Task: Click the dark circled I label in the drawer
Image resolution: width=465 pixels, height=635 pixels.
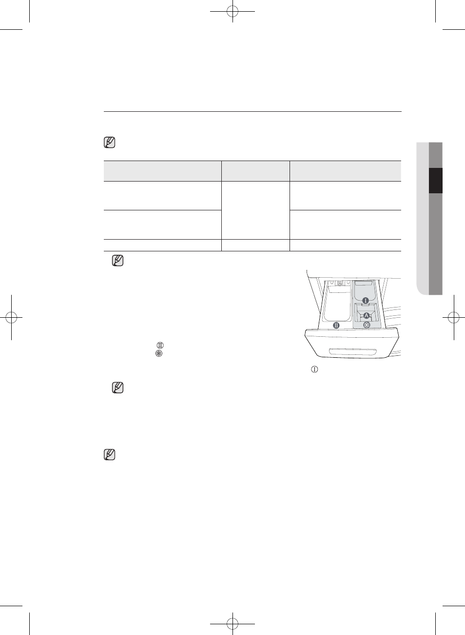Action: coord(366,301)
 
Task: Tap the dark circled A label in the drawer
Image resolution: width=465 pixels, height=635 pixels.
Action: coord(366,315)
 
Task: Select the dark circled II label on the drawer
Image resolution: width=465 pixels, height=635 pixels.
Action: coord(336,326)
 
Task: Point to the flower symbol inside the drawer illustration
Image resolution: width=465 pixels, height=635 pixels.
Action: coord(367,325)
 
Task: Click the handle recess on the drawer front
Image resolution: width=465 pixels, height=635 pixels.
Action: coord(352,351)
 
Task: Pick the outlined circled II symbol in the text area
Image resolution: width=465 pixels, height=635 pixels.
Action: coord(160,345)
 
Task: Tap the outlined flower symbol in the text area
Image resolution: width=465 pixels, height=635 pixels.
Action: coord(159,353)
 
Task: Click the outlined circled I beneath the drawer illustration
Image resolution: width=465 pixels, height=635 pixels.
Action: coord(314,369)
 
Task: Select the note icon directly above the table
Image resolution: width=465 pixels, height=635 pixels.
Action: coord(110,143)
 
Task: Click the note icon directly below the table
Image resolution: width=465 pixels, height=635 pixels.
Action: coord(118,261)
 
